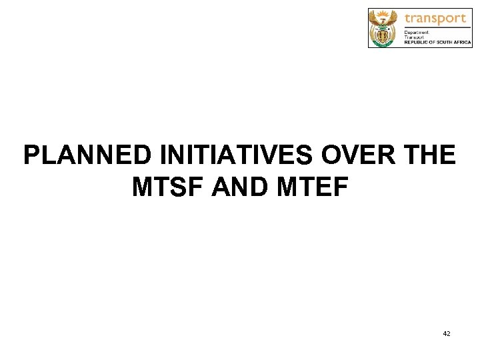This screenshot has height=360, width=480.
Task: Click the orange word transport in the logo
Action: (x=435, y=18)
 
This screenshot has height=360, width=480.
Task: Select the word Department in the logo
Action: (x=417, y=31)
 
